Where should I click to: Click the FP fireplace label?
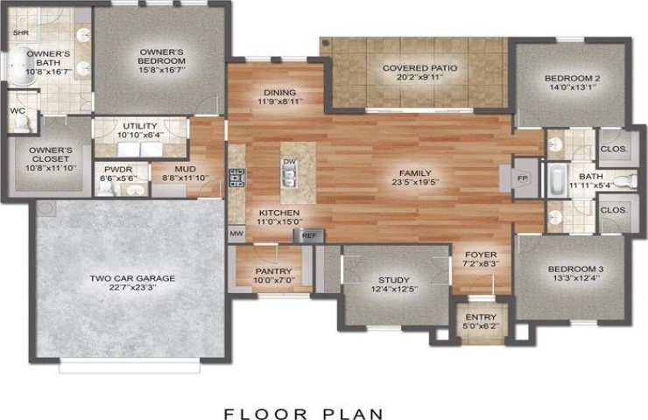[522, 178]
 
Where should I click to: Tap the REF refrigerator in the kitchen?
[309, 235]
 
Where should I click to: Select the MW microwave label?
[236, 234]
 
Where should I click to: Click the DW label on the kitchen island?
[289, 162]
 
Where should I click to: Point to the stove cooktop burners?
[236, 178]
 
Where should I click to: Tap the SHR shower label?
[21, 32]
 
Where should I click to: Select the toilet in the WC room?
[21, 122]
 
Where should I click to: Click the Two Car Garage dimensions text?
[132, 288]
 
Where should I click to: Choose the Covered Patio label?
[419, 68]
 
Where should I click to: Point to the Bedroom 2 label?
[572, 78]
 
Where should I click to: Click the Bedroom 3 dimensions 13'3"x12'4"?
[575, 278]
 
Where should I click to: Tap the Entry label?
[481, 317]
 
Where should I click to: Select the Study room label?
[394, 280]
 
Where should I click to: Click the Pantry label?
[273, 271]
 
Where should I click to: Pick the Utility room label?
[140, 126]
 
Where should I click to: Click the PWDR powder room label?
[118, 170]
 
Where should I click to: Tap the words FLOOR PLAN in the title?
[304, 413]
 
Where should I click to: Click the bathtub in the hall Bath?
[559, 181]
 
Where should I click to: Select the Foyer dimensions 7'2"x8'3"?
[481, 263]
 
